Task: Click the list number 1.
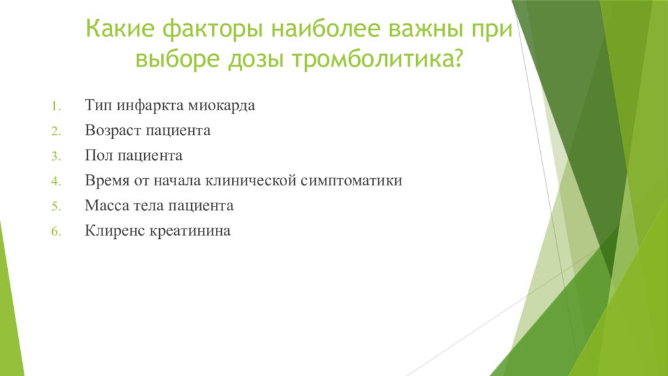pyautogui.click(x=56, y=106)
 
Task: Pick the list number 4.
pyautogui.click(x=56, y=181)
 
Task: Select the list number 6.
pyautogui.click(x=56, y=231)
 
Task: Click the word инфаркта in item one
pyautogui.click(x=151, y=106)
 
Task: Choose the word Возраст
pyautogui.click(x=110, y=131)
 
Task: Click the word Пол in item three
pyautogui.click(x=97, y=156)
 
